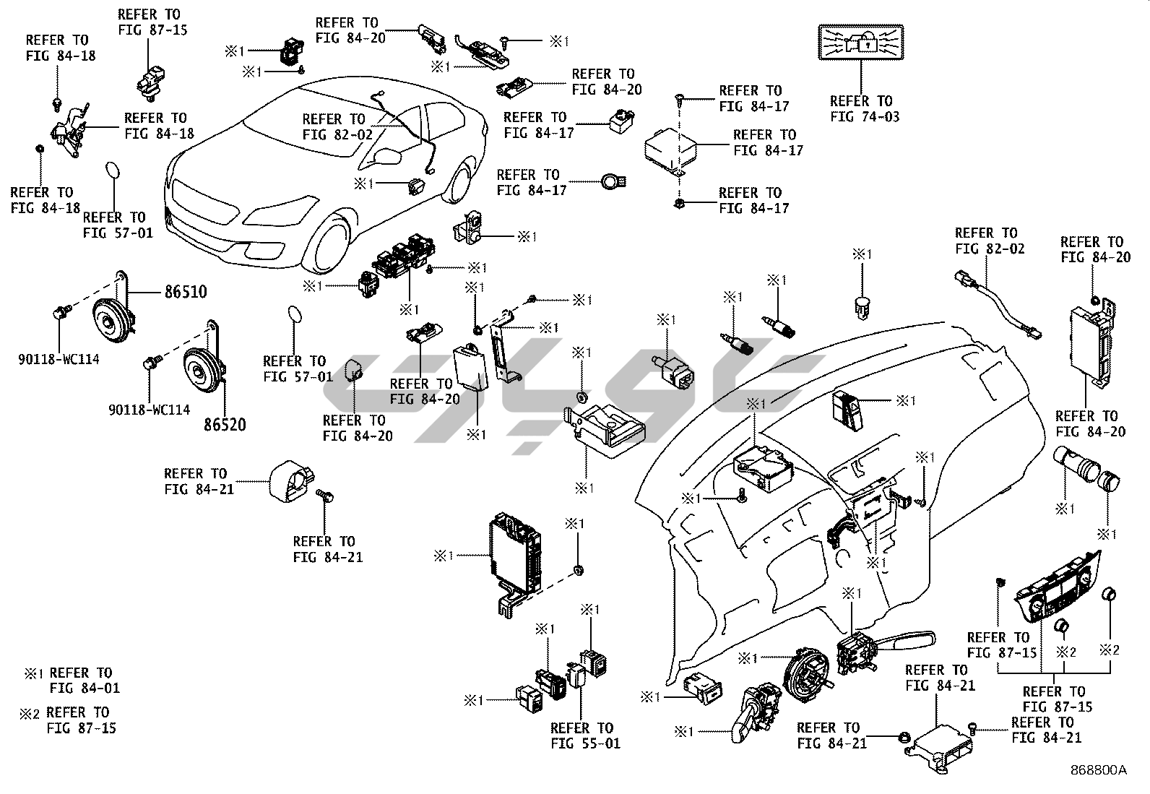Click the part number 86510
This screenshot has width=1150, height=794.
(185, 293)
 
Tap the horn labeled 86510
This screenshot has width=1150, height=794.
(111, 322)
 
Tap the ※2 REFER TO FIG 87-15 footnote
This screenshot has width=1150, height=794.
(69, 720)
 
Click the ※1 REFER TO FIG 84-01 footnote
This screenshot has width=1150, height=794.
(72, 681)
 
